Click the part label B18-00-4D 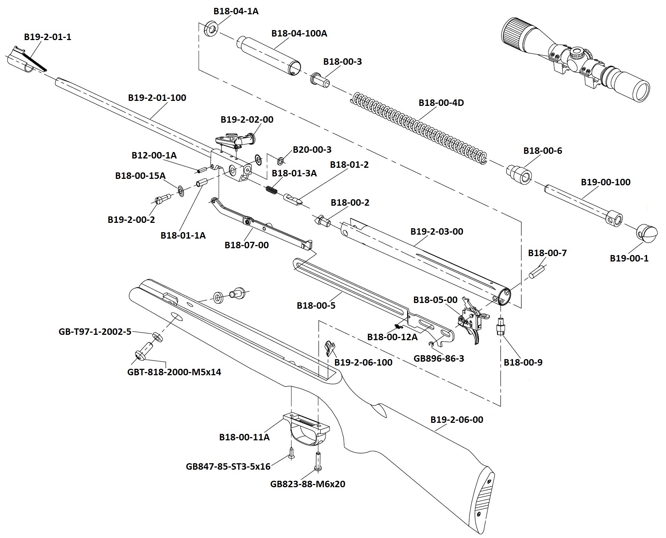tap(441, 103)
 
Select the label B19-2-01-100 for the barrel tap(157, 98)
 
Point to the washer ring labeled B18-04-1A tap(211, 29)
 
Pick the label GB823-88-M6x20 tap(308, 484)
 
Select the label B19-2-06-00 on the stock tap(457, 420)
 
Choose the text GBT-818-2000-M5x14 tap(174, 372)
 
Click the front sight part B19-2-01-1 tap(25, 59)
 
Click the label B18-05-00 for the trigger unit tap(435, 300)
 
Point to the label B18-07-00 tap(247, 245)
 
